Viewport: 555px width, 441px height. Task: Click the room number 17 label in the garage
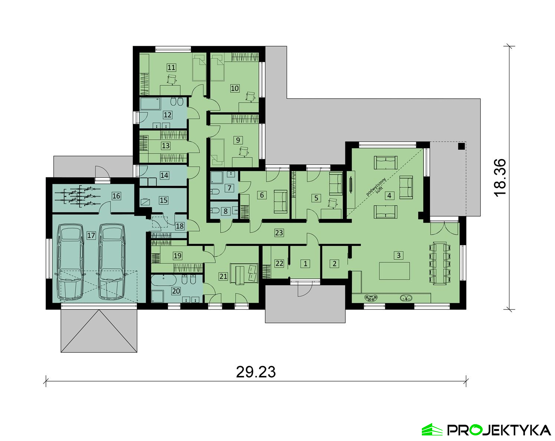pyautogui.click(x=91, y=235)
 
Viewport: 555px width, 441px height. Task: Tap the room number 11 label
pyautogui.click(x=171, y=68)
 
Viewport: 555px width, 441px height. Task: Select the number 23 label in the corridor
pyautogui.click(x=279, y=233)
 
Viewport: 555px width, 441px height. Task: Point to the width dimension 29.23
pyautogui.click(x=256, y=372)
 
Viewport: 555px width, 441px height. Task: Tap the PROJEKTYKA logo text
pyautogui.click(x=499, y=430)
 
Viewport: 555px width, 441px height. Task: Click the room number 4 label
pyautogui.click(x=389, y=196)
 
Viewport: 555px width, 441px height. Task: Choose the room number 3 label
pyautogui.click(x=398, y=255)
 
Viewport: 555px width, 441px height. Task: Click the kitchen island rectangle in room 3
pyautogui.click(x=394, y=271)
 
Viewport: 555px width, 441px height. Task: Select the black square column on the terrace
pyautogui.click(x=461, y=146)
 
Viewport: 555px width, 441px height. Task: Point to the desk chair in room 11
pyautogui.click(x=172, y=79)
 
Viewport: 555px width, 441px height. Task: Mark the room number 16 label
pyautogui.click(x=116, y=196)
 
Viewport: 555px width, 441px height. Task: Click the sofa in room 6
pyautogui.click(x=280, y=201)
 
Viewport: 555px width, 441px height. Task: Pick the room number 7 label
pyautogui.click(x=229, y=188)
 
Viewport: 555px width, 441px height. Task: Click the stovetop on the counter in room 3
pyautogui.click(x=371, y=298)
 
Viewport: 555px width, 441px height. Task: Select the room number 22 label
pyautogui.click(x=279, y=264)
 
